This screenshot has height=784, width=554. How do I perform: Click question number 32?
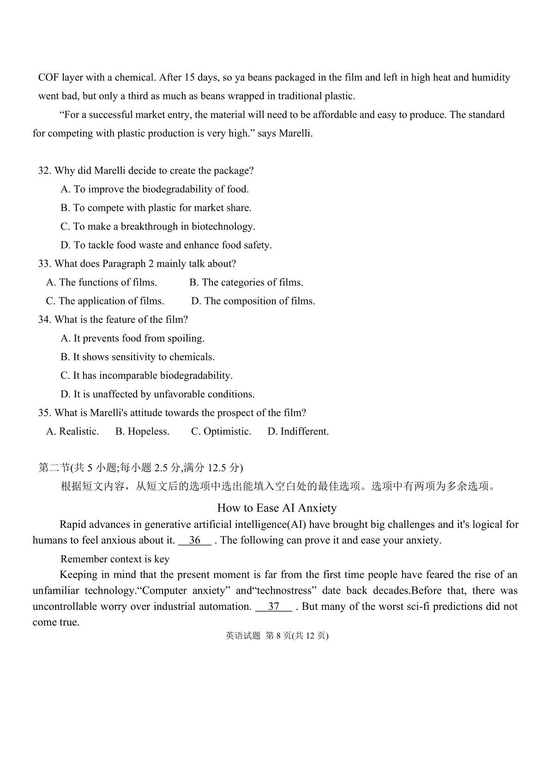tap(45, 171)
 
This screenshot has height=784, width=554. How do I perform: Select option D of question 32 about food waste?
tap(166, 245)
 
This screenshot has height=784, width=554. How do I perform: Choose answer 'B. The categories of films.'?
tap(246, 283)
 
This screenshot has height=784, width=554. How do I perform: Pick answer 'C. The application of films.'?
tap(105, 301)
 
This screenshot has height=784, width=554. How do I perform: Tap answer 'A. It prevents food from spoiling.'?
tap(132, 339)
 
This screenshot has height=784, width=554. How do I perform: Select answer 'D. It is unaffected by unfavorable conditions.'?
tap(157, 395)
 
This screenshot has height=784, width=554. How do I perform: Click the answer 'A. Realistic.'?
tap(72, 432)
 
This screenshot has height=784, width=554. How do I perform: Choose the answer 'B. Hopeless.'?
tap(142, 432)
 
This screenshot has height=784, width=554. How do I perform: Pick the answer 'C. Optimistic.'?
tap(221, 432)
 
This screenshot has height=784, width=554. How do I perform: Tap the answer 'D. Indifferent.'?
tap(298, 432)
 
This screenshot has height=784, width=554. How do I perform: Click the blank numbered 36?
tap(195, 541)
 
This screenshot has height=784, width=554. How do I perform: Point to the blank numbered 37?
tap(274, 607)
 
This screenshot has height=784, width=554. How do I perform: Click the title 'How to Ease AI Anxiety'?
tap(277, 508)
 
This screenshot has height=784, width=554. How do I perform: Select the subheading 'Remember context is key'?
tap(115, 559)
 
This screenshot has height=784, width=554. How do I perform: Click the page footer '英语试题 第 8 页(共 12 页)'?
tap(277, 636)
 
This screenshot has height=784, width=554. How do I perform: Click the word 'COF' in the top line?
tap(48, 78)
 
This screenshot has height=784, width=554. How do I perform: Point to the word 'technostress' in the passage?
tap(284, 591)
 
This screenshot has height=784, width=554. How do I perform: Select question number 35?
tap(45, 413)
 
